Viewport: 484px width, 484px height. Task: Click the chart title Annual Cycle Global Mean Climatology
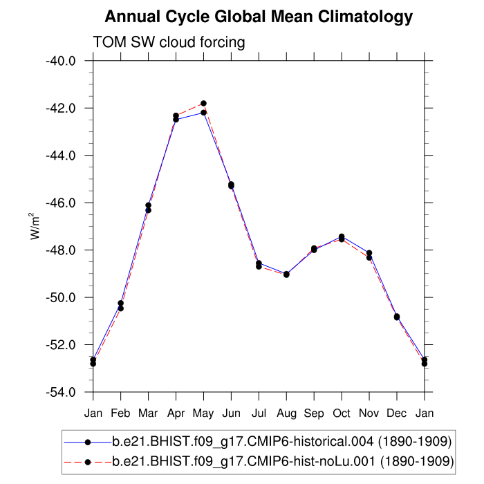(259, 17)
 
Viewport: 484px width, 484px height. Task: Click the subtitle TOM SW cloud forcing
(169, 42)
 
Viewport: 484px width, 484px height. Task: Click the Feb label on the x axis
(120, 413)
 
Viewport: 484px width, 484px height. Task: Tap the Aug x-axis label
(286, 413)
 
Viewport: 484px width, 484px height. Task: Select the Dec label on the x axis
(397, 413)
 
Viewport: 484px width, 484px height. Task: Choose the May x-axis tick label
(203, 413)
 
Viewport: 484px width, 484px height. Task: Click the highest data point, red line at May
(203, 103)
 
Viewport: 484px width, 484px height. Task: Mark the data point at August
(286, 274)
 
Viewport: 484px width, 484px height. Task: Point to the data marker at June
(231, 185)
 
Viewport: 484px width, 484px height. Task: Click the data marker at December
(397, 317)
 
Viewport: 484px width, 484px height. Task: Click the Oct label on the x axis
(342, 413)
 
